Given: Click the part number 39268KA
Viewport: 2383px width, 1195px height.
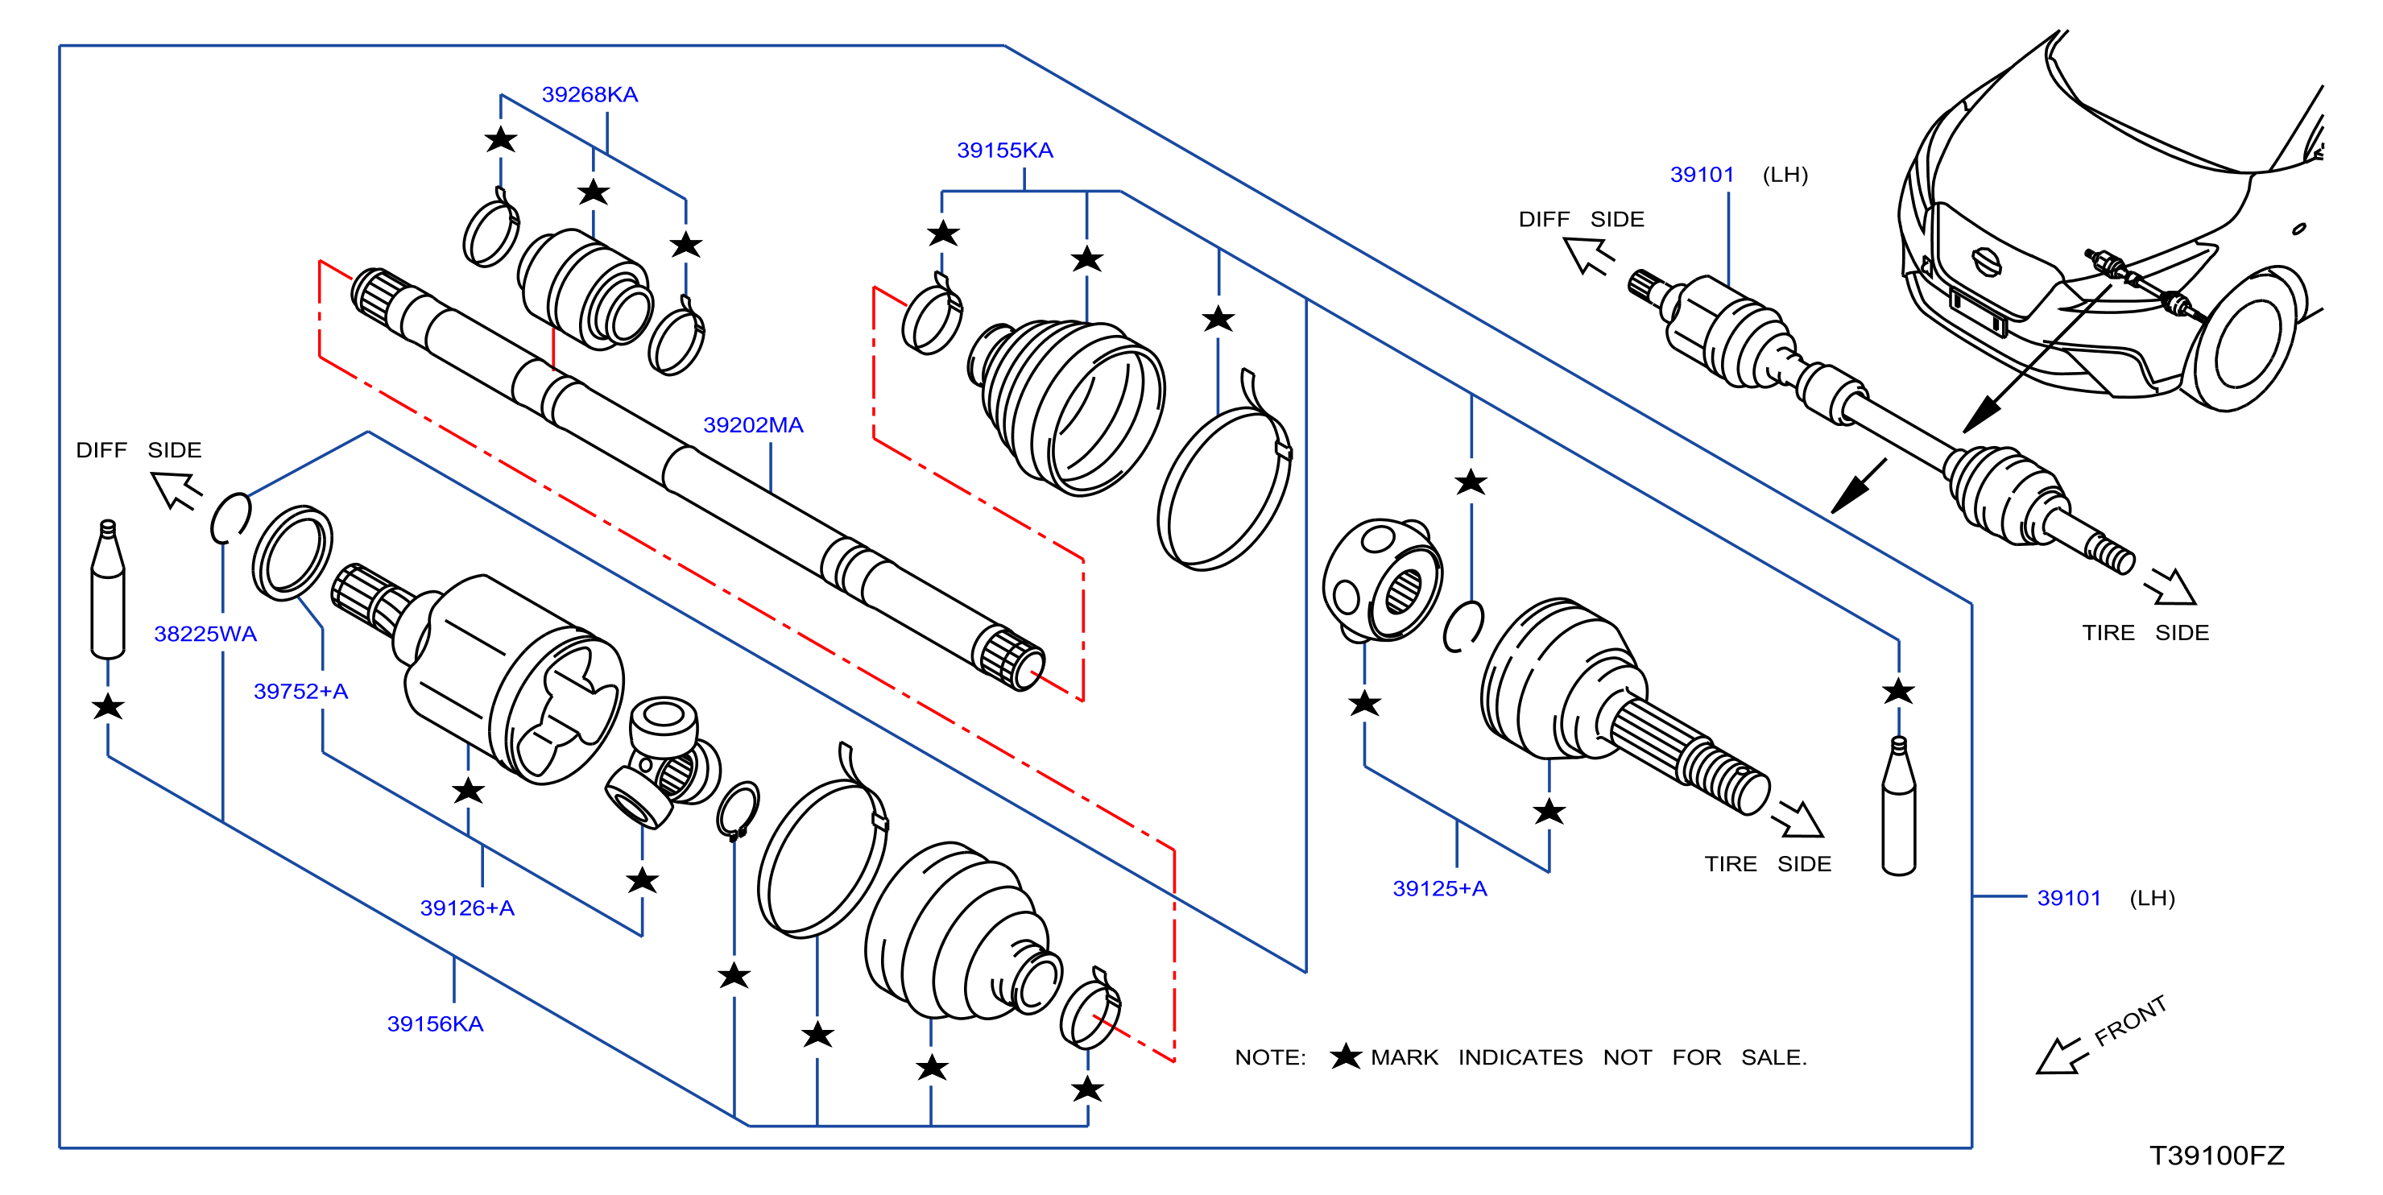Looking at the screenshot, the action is pyautogui.click(x=590, y=94).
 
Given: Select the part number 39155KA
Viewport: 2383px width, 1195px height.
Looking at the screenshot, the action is pyautogui.click(x=1004, y=150).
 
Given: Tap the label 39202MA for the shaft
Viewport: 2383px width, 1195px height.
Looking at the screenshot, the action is pyautogui.click(x=753, y=424).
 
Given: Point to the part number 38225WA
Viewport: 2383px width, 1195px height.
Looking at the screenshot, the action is pyautogui.click(x=205, y=634).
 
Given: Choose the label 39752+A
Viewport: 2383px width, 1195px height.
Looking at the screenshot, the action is pyautogui.click(x=300, y=691).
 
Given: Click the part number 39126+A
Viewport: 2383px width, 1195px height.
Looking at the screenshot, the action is pyautogui.click(x=467, y=908).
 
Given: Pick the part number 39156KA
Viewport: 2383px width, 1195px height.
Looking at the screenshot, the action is pyautogui.click(x=435, y=1024).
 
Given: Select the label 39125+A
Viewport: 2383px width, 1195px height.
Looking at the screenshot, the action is pyautogui.click(x=1439, y=888).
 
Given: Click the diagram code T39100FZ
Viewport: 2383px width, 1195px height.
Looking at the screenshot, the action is pyautogui.click(x=2216, y=1156).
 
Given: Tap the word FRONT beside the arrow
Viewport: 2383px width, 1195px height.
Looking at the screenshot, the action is pyautogui.click(x=2130, y=1021).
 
